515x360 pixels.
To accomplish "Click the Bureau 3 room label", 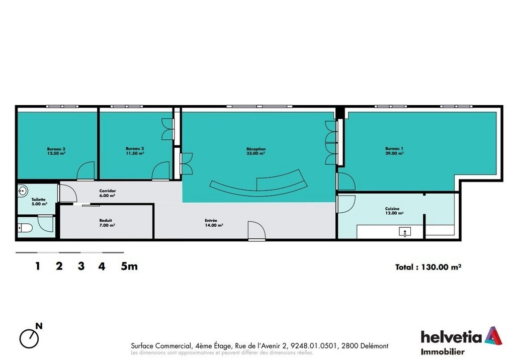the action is tap(56, 151).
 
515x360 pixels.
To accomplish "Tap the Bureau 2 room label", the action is tap(135, 151).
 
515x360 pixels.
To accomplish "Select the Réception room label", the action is tap(256, 151).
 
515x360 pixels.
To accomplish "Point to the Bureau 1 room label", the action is tap(394, 151).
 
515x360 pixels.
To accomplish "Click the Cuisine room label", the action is tap(394, 211).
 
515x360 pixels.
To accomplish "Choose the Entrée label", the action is tap(214, 223).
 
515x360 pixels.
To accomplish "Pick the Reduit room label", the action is tap(107, 223).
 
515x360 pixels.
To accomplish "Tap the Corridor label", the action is tap(108, 193).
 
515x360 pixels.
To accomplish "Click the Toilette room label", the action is tap(39, 202).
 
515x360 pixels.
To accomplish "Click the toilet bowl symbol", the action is tap(25, 227).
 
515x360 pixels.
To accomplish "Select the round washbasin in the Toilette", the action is tap(23, 191).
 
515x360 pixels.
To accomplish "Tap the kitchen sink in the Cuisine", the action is tap(405, 232).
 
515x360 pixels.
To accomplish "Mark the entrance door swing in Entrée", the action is tap(256, 231).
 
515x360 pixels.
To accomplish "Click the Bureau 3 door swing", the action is tap(85, 171).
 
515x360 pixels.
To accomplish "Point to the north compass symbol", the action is tap(29, 338).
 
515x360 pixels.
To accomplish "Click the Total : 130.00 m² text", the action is tap(428, 267).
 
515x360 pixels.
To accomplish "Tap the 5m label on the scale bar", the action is tap(129, 266).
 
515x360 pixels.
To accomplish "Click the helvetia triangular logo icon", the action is tap(493, 336).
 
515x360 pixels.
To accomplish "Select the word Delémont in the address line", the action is tap(374, 346).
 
